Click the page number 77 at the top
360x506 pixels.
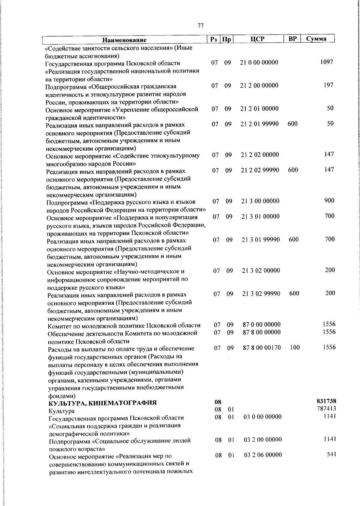(201, 26)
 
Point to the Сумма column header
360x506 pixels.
(316, 39)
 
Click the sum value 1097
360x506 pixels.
(327, 62)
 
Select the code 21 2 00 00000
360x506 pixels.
(259, 86)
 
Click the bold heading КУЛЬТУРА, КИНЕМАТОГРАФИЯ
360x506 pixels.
(103, 403)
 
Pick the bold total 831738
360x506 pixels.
(326, 401)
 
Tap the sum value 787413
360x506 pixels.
(326, 408)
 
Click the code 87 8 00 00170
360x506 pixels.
(262, 348)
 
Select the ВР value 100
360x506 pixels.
(295, 348)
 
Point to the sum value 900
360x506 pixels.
(329, 200)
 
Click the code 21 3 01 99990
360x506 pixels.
(261, 239)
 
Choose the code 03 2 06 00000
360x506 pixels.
(263, 455)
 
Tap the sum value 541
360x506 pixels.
(331, 454)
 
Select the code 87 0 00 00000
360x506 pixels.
(261, 324)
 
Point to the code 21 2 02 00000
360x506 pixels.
(260, 155)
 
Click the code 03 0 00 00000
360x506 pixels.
(262, 417)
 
